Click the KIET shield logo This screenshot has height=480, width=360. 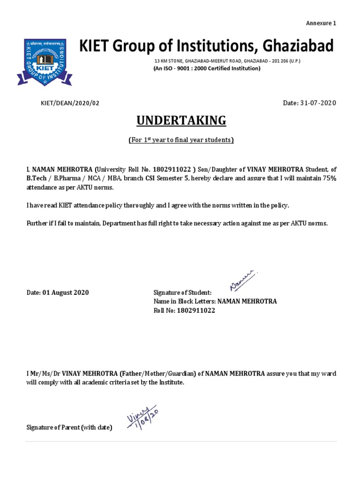[x=45, y=62]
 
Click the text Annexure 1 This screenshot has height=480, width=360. [x=321, y=23]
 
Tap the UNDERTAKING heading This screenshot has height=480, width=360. [x=181, y=121]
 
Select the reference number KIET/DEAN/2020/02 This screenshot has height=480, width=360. [x=70, y=103]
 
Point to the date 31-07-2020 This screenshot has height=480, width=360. [x=319, y=103]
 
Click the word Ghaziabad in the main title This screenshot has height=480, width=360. [x=298, y=46]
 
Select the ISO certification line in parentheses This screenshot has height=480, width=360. [x=206, y=68]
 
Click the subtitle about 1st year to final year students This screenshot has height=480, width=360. [x=181, y=140]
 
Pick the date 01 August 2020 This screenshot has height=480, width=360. [x=65, y=292]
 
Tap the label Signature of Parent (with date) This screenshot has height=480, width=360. [x=69, y=427]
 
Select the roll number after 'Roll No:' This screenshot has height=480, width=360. [x=196, y=310]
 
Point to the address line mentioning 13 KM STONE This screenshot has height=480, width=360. [x=227, y=61]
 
